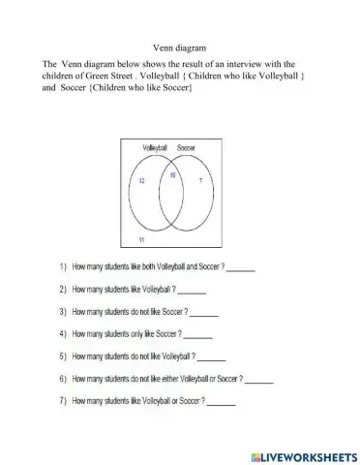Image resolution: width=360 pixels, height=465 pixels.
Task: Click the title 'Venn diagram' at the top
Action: (179, 46)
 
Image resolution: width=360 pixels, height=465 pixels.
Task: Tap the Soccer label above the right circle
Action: (187, 147)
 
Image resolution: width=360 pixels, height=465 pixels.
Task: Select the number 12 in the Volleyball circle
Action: (141, 181)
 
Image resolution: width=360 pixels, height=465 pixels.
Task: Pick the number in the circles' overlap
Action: (172, 175)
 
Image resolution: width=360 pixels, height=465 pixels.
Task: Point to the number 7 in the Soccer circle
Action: (200, 181)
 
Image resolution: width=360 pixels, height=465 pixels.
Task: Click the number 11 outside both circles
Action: (141, 238)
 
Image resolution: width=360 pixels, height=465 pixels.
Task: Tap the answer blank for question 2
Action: (192, 290)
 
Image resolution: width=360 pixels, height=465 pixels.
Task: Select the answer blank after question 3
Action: (204, 313)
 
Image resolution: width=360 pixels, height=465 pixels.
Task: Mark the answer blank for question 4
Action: (198, 335)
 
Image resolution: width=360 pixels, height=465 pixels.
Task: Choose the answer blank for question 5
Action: (211, 357)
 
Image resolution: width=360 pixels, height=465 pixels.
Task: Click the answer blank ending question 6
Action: (259, 380)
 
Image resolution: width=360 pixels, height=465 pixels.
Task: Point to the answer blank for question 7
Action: (221, 402)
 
